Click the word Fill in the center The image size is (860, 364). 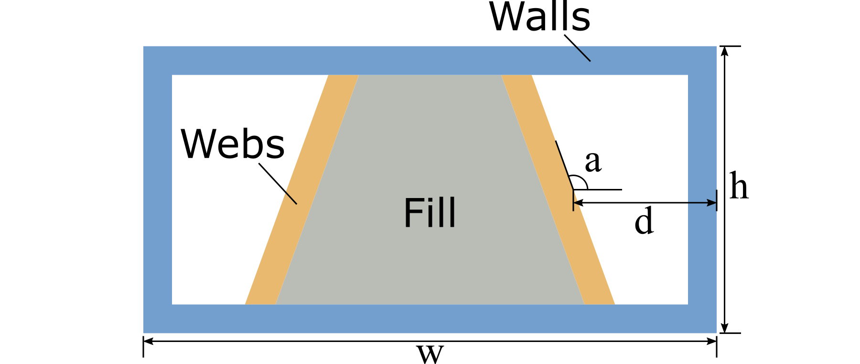coord(430,213)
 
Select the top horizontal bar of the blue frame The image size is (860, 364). coord(430,60)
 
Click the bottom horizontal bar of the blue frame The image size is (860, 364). coord(430,319)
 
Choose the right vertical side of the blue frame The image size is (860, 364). coord(702,143)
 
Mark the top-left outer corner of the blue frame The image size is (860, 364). coord(144,47)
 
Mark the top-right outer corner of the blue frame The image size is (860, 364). coord(716,47)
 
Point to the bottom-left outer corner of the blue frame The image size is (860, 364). coord(144,332)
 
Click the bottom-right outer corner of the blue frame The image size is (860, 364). coord(716,332)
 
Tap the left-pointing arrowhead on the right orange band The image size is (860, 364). coord(577,203)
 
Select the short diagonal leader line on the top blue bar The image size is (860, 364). coord(582,53)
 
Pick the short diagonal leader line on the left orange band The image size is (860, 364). coord(290,198)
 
